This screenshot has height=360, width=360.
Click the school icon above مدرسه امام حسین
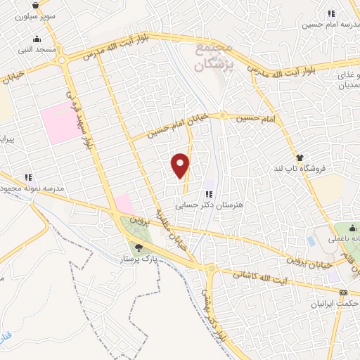(331, 13)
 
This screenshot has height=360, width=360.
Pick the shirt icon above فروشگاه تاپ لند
(300, 158)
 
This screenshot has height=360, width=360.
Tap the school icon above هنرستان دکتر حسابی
(209, 194)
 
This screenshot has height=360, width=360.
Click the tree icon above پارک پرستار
(139, 247)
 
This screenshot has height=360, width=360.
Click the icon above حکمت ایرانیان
(343, 292)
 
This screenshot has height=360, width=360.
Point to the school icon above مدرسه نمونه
(28, 177)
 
